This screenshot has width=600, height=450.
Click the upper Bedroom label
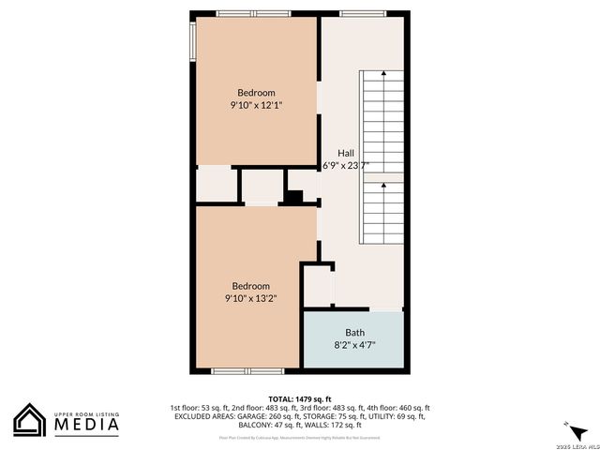[256, 92]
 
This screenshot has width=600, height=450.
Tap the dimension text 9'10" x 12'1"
[256, 106]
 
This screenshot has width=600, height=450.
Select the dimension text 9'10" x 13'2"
[250, 299]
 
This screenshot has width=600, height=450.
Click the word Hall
[347, 152]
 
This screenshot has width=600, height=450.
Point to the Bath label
[355, 332]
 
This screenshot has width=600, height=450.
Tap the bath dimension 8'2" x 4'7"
[355, 345]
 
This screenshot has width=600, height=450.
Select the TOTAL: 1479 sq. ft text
[299, 398]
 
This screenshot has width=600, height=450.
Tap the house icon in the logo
[29, 420]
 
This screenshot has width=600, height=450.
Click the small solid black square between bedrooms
[293, 197]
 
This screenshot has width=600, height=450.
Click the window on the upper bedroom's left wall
[193, 40]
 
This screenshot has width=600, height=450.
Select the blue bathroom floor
[353, 339]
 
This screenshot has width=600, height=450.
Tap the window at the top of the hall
[361, 13]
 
